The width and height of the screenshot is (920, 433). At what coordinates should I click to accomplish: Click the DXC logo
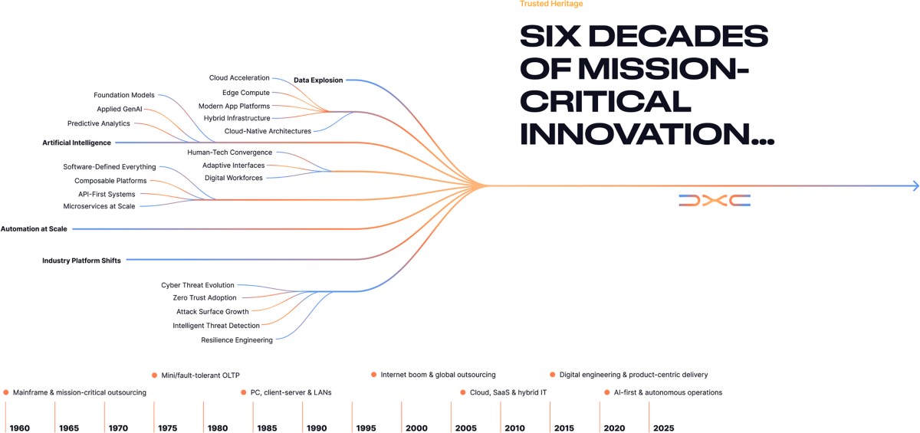coord(714,200)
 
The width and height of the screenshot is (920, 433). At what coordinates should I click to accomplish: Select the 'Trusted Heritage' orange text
coord(551,4)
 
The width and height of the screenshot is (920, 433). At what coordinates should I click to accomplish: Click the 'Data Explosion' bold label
coord(318,80)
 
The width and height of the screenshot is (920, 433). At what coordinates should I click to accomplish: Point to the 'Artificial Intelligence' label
coord(77,143)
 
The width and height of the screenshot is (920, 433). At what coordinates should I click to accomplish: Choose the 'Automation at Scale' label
coord(34,228)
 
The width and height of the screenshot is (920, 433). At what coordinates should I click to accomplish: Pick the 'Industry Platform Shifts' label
coord(81,261)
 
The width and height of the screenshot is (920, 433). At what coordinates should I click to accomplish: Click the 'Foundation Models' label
coord(124,95)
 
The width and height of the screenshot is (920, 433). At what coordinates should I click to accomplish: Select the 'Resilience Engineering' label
coord(237,340)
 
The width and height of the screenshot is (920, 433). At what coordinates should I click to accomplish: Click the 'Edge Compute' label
coord(246,93)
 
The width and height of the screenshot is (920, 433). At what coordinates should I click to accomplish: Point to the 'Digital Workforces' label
coord(234,178)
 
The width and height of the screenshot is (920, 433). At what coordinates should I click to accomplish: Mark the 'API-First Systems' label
coord(107,194)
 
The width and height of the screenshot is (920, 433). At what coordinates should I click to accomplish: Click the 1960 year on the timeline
coord(20,428)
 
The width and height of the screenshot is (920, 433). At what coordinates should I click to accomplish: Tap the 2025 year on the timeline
coord(664,428)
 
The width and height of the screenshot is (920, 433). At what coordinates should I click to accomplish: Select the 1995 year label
coord(366,428)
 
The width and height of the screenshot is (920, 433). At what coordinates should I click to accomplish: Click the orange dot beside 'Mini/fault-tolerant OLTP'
coord(154,375)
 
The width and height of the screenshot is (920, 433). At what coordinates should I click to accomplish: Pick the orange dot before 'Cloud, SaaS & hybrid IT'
coord(463,392)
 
